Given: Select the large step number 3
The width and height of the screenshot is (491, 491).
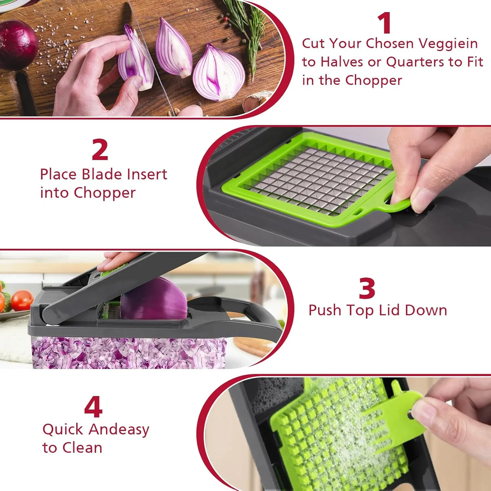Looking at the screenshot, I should pyautogui.click(x=367, y=288).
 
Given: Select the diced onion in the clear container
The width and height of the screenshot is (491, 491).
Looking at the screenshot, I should pyautogui.click(x=127, y=353).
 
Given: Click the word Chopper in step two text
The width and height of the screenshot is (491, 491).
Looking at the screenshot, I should pyautogui.click(x=105, y=193).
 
